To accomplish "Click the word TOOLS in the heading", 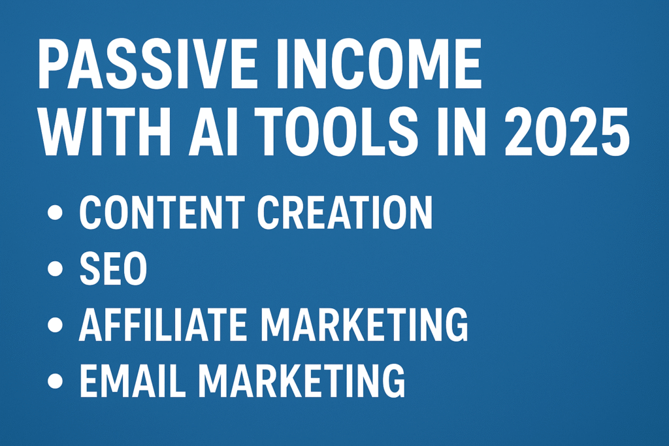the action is coord(336,130).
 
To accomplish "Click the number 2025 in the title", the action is coord(567,130).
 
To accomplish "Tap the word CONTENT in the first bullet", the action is coord(162,212).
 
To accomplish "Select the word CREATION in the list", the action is coord(345,212).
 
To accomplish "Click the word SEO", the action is coord(113,268).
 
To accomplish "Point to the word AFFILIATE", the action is coord(163,325).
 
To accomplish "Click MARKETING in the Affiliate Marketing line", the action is coord(365,325).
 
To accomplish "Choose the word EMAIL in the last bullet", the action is coord(133,380).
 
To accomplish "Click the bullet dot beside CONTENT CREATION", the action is coord(55,212).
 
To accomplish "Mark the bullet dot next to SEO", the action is coord(55,268).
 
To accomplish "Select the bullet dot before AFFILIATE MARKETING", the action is coord(55,325).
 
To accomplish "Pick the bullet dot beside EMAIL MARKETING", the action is coord(55,380).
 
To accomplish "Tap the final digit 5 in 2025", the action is coord(614,131).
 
